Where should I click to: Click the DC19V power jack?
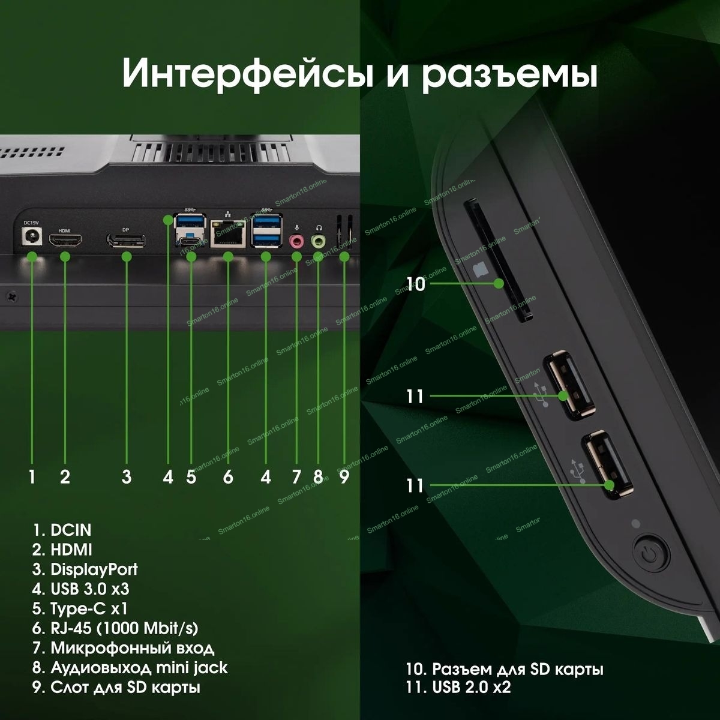pos(32,237)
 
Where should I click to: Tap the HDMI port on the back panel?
pos(66,240)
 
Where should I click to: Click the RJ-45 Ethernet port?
pos(228,233)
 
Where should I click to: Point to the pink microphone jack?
pos(296,241)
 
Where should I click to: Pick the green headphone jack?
pos(318,241)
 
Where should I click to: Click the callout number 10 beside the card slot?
pos(415,284)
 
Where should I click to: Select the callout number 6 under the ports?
pos(228,477)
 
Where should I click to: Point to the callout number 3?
pos(127,477)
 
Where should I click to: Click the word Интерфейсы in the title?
pos(247,73)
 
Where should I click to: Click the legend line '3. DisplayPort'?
pos(85,569)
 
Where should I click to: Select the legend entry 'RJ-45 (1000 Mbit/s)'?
pos(124,628)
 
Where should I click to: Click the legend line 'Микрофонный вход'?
pos(133,648)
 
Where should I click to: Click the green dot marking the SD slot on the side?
pos(498,284)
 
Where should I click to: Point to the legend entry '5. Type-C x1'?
pos(80,608)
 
